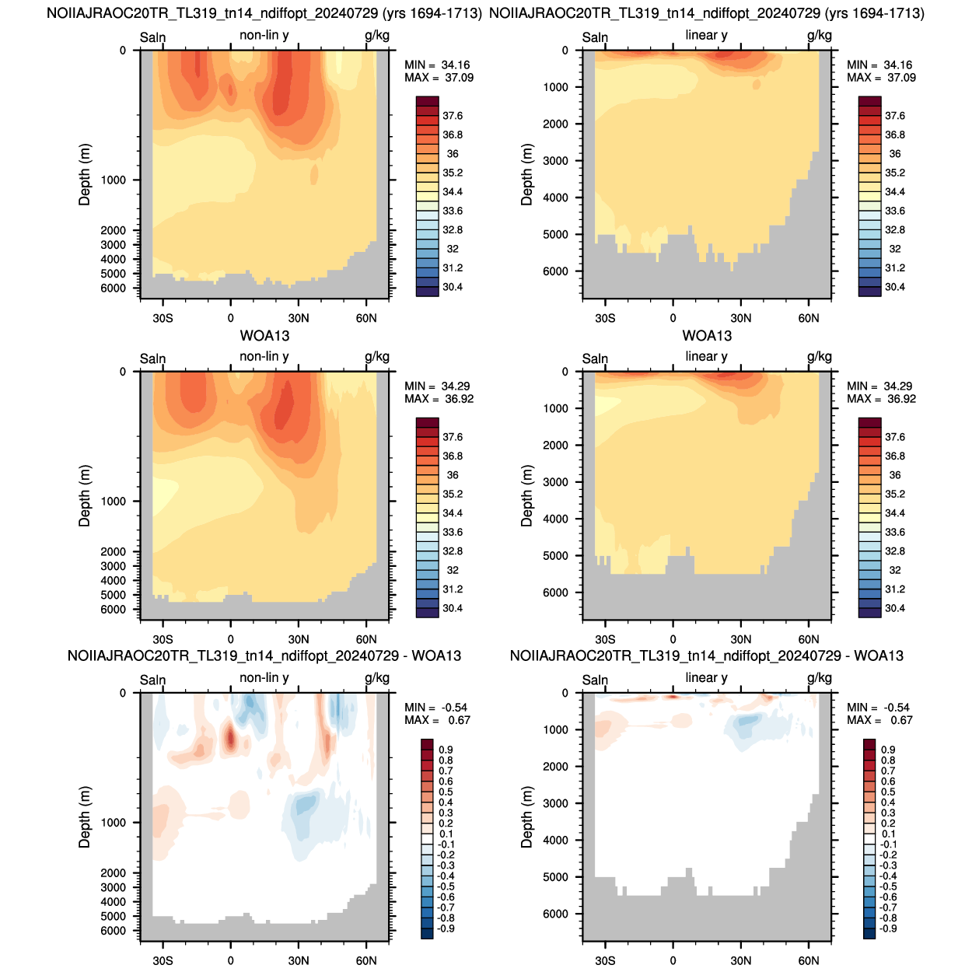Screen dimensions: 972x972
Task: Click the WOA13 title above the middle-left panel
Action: [x=264, y=336]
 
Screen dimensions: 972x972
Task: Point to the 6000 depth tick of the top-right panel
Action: [x=556, y=271]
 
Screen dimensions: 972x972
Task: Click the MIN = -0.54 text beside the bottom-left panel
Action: [x=436, y=708]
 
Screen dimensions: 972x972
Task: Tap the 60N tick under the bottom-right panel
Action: [x=809, y=960]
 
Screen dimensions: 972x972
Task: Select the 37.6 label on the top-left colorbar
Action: [x=453, y=116]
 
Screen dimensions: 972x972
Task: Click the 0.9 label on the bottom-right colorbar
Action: [x=888, y=750]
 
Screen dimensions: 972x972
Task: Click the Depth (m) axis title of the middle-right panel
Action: [x=527, y=495]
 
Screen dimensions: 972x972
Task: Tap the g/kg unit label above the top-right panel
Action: [x=820, y=36]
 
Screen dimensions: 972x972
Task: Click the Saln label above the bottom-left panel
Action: [x=153, y=680]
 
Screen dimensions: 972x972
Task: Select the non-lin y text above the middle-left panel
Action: [x=264, y=357]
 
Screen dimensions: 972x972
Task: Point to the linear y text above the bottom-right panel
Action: [x=706, y=678]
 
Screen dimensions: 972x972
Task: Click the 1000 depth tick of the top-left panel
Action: [x=114, y=180]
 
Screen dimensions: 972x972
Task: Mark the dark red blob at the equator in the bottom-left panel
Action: [x=230, y=737]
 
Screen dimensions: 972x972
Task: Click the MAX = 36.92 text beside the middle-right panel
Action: [x=881, y=399]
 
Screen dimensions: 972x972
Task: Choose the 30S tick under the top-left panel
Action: [x=163, y=318]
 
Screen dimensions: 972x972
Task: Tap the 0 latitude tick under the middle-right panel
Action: [x=673, y=639]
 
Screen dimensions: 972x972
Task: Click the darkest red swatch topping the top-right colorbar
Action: [x=870, y=101]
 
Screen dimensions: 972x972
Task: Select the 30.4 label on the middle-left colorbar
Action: [x=453, y=608]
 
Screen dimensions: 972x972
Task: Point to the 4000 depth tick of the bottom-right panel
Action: [x=556, y=841]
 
